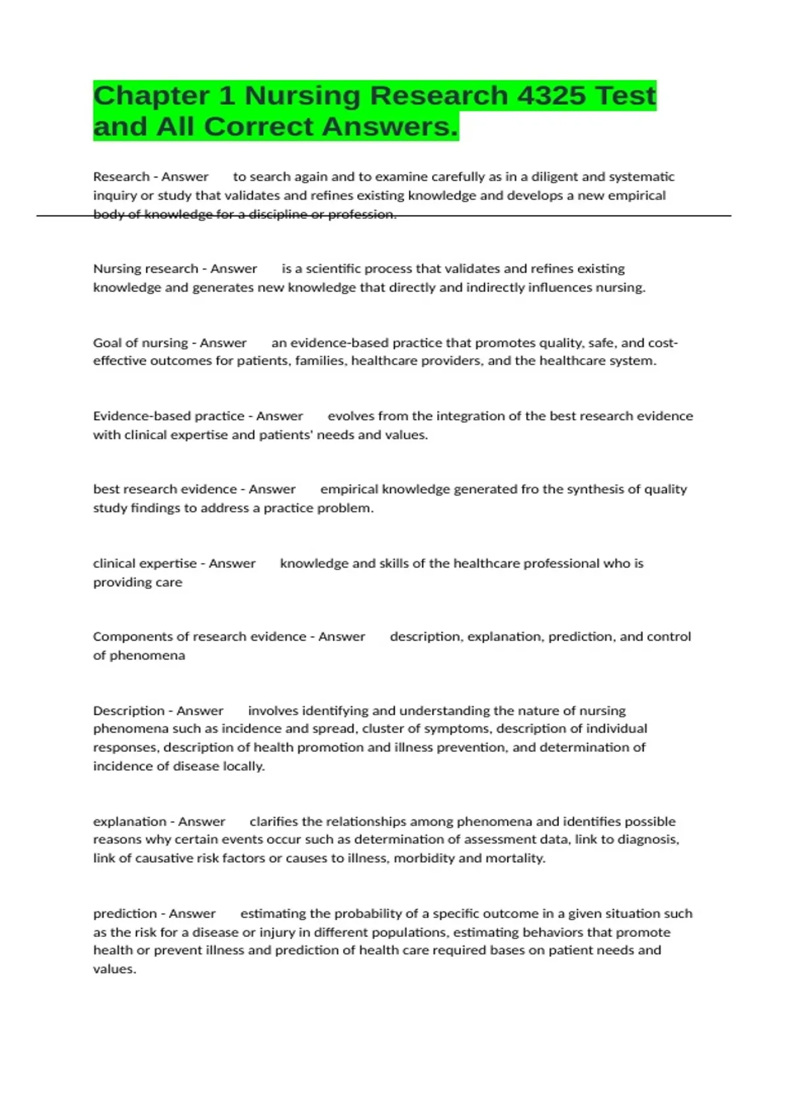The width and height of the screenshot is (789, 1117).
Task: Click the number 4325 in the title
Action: tap(551, 96)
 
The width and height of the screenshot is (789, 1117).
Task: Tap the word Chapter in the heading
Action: tap(152, 96)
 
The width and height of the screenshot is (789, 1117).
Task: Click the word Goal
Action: tap(107, 343)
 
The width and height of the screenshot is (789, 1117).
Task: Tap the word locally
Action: tap(243, 766)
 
